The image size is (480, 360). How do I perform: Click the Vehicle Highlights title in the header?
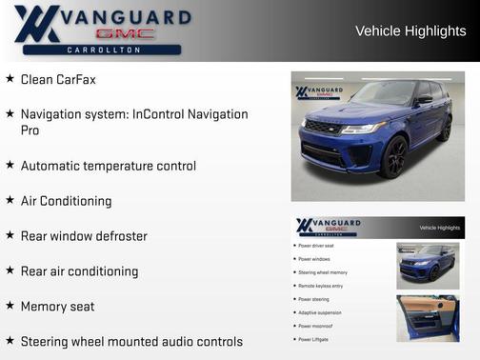click(x=410, y=31)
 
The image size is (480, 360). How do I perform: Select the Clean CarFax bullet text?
click(x=58, y=80)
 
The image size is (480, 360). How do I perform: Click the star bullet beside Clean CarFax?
click(x=10, y=79)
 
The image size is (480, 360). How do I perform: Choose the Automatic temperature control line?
click(x=109, y=166)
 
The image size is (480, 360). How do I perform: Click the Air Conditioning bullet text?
click(x=66, y=201)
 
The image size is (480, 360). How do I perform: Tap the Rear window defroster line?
click(x=84, y=236)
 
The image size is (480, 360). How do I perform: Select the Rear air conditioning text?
click(x=79, y=271)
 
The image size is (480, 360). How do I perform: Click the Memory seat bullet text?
click(x=57, y=307)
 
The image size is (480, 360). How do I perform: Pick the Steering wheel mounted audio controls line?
click(x=131, y=341)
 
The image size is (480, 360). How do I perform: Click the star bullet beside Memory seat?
click(x=10, y=306)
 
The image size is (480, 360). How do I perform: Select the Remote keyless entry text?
click(x=320, y=286)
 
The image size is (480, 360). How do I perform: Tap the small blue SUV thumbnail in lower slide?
click(x=428, y=266)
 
